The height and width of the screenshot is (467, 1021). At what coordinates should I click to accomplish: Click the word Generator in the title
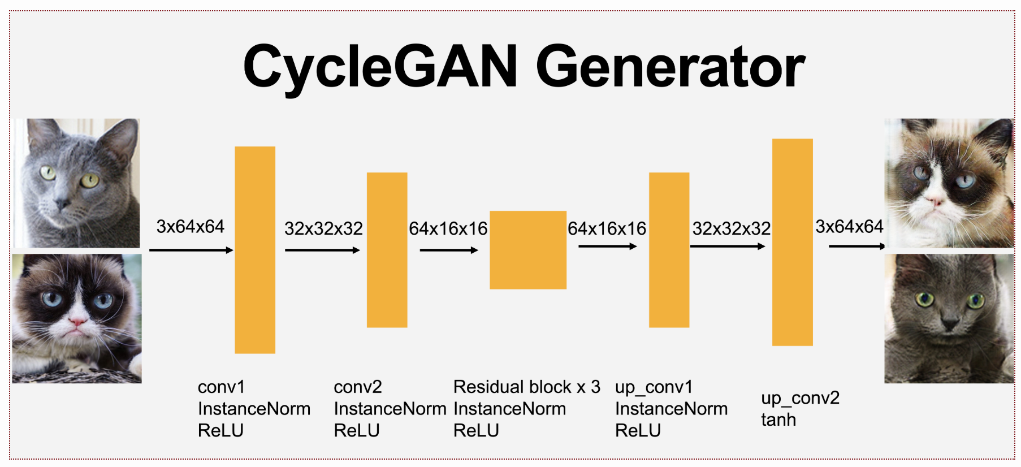670,66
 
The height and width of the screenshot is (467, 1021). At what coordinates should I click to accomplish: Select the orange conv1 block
255,250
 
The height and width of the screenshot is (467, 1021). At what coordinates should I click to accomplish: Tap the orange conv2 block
387,250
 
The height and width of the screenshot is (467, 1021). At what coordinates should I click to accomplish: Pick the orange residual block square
528,250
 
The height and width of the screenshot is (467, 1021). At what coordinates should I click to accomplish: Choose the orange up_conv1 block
669,250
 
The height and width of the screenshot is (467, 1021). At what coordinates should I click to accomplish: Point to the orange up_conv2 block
793,242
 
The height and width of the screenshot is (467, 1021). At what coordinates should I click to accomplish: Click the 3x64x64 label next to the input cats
191,227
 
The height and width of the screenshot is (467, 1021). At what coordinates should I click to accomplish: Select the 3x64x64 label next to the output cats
849,227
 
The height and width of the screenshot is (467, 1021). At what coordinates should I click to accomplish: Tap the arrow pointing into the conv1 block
191,250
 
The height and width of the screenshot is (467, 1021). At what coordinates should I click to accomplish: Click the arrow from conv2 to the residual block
449,250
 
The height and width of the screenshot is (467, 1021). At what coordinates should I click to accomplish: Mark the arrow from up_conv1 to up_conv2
728,246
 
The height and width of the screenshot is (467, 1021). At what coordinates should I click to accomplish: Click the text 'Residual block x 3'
527,387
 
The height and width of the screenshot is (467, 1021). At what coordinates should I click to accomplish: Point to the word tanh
778,420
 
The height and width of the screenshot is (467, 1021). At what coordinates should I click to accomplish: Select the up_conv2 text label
800,399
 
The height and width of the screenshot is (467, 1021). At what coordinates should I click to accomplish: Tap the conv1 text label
222,387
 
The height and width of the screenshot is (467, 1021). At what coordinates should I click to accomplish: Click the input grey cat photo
77,183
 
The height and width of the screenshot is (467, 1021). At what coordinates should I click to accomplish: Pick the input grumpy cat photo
77,318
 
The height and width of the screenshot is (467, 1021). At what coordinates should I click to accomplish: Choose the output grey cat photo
949,318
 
